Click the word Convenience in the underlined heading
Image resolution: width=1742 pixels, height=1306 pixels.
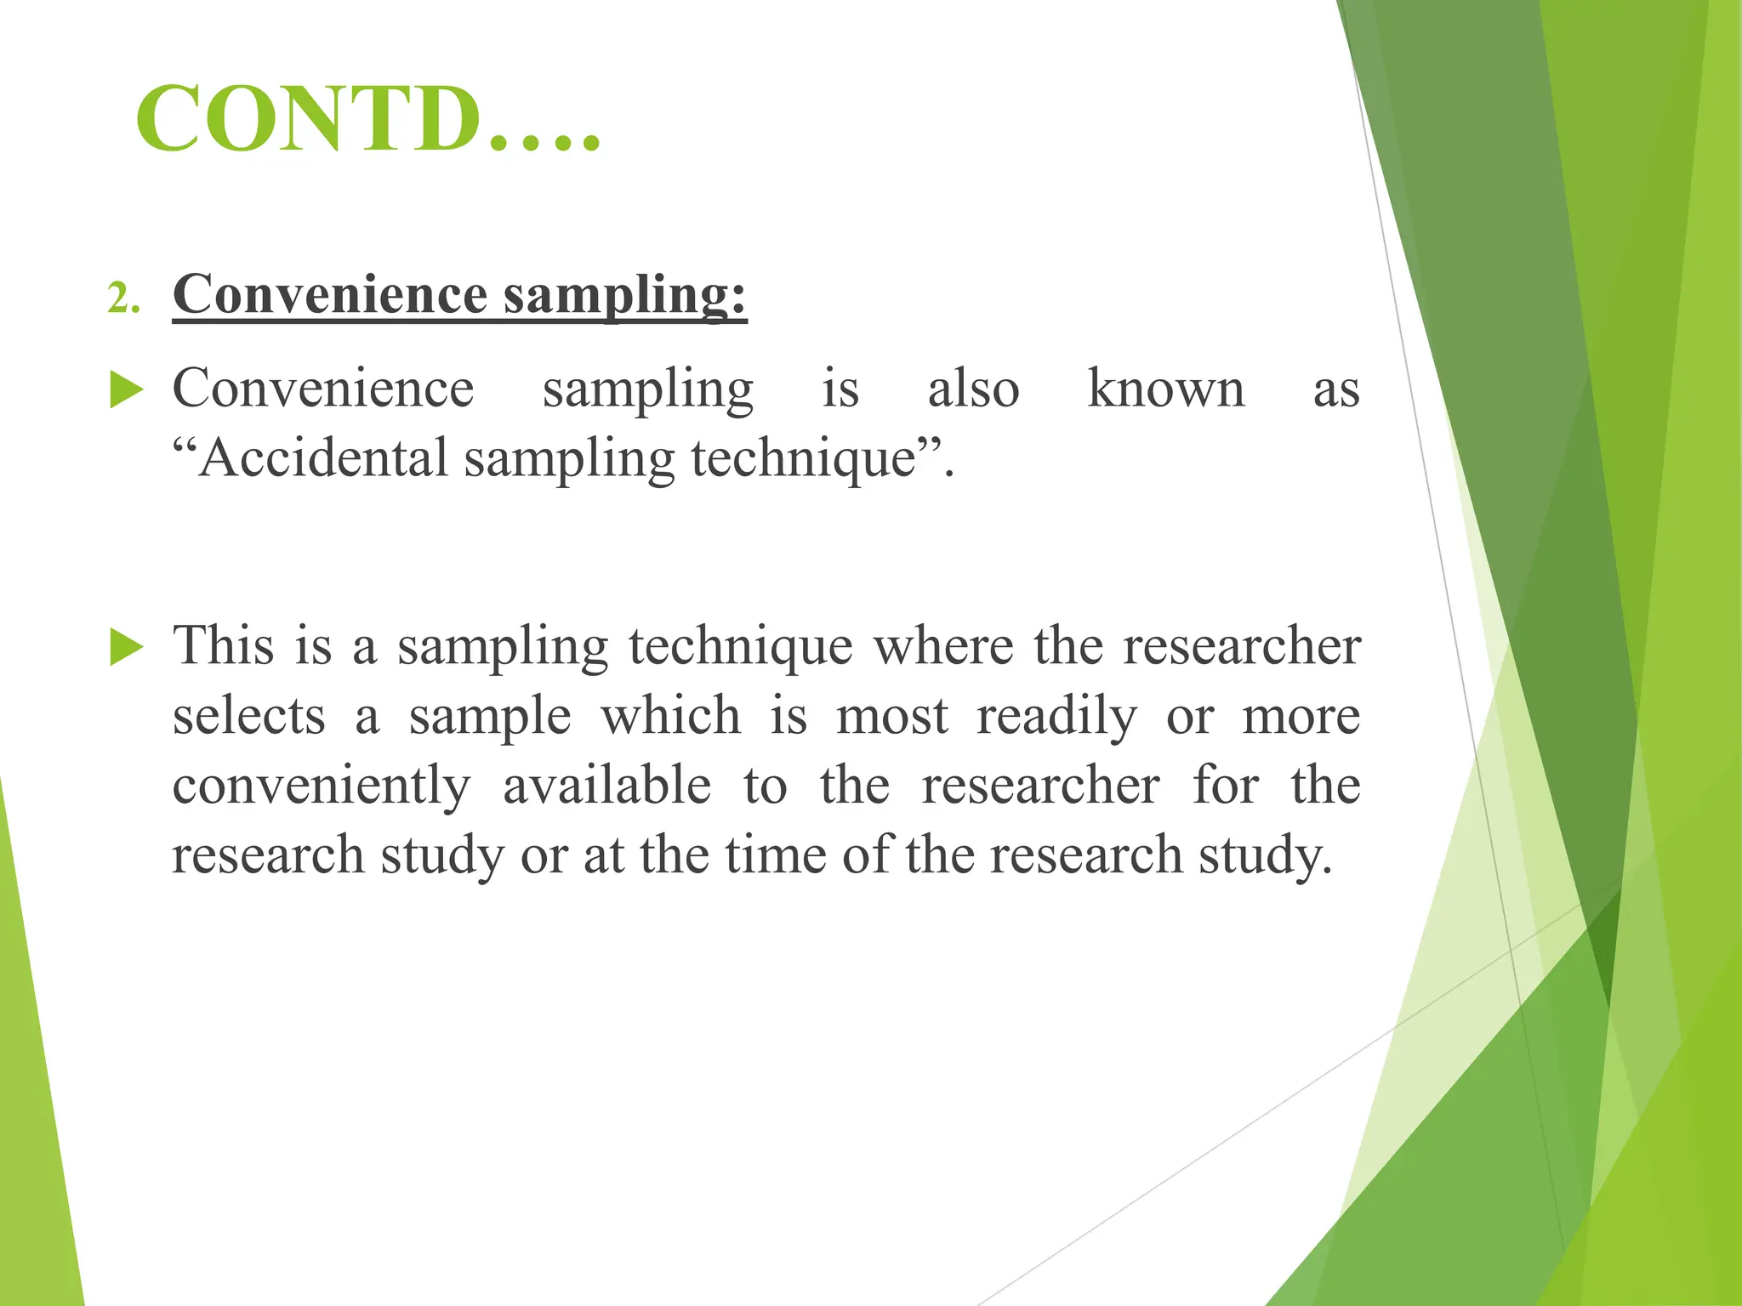point(330,294)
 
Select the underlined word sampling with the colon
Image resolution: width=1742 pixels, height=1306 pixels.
point(624,296)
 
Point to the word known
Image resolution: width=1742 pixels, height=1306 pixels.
point(1165,389)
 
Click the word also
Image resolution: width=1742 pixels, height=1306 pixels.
point(973,389)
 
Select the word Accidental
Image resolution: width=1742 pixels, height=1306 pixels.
point(323,457)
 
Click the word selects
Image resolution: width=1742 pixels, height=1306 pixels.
point(248,716)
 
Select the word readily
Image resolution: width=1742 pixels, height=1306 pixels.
point(1056,716)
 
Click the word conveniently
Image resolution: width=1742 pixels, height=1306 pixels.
point(321,786)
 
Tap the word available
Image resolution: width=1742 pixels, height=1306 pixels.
point(606,786)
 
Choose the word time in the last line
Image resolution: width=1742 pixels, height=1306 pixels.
point(775,855)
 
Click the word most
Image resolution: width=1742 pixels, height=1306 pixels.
point(891,716)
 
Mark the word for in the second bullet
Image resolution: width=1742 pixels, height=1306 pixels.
point(1225,786)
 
